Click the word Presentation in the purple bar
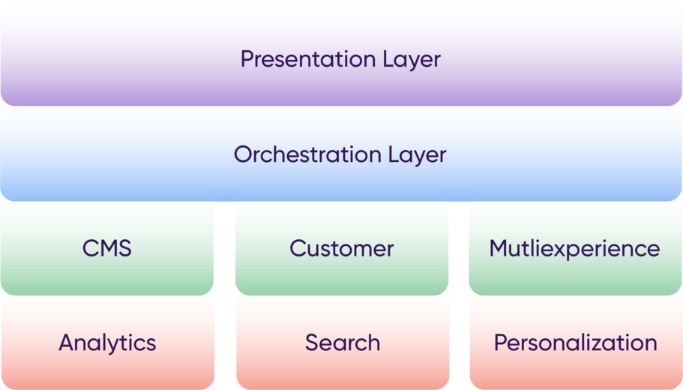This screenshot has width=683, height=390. [x=308, y=58]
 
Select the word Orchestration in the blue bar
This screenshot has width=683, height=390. [x=307, y=154]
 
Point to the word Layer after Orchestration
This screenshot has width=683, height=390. [x=418, y=155]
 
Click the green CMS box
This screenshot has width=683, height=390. [x=107, y=248]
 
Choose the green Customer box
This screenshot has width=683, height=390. [x=342, y=248]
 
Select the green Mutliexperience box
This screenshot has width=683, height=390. [x=575, y=248]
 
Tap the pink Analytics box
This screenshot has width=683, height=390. [x=108, y=343]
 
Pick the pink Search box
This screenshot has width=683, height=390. [x=343, y=343]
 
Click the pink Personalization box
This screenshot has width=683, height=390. [x=576, y=343]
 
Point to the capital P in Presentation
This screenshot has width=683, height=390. [x=247, y=58]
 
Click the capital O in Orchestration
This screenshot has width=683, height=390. [x=244, y=154]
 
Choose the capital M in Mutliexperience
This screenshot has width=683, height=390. [x=499, y=248]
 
